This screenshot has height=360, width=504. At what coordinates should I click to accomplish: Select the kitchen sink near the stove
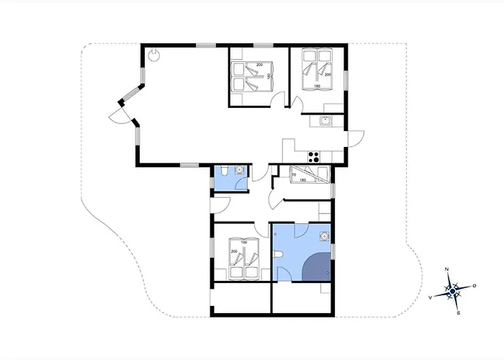tap(325, 121)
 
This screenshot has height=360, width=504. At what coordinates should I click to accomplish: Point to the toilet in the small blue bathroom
tap(225, 171)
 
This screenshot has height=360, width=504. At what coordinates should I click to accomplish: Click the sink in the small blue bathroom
tap(240, 171)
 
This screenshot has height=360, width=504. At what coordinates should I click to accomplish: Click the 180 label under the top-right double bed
tap(318, 86)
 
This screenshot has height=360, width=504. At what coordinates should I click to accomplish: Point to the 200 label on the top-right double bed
tap(328, 74)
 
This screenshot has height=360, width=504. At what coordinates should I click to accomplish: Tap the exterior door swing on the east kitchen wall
tap(355, 138)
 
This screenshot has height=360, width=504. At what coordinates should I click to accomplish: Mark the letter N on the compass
tap(448, 269)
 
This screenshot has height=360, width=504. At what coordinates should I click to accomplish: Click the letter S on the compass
tap(459, 313)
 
